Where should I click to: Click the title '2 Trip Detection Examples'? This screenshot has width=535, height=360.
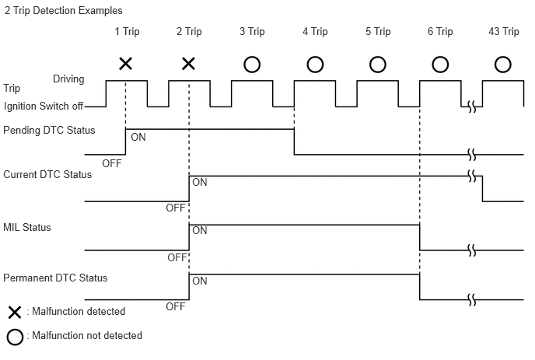point(63,11)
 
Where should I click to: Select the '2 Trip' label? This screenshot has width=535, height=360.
point(189,32)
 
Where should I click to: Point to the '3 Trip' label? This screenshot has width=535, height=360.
point(252,32)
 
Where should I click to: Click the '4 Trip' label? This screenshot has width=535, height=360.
point(315,32)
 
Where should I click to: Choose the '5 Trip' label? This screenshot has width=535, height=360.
point(378,32)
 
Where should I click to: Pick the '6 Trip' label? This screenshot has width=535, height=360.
point(440,32)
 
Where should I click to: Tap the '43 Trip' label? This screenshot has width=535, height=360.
point(504,32)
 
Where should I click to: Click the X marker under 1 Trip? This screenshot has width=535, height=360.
point(125,64)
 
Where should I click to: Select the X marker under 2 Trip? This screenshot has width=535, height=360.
point(188,64)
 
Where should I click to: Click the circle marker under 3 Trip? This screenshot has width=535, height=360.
point(252,64)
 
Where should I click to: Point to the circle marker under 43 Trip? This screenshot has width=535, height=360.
point(503,64)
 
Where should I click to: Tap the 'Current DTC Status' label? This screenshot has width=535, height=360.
point(47,175)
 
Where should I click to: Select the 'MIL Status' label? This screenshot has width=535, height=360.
point(27,228)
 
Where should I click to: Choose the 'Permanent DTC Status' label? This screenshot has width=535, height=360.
point(55,278)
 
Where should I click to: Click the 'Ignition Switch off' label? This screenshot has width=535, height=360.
point(43,106)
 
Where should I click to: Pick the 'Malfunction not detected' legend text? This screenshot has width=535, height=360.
point(84,336)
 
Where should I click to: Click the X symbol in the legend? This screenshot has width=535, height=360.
point(13,313)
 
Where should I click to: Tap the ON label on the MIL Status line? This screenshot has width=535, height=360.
point(200,231)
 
